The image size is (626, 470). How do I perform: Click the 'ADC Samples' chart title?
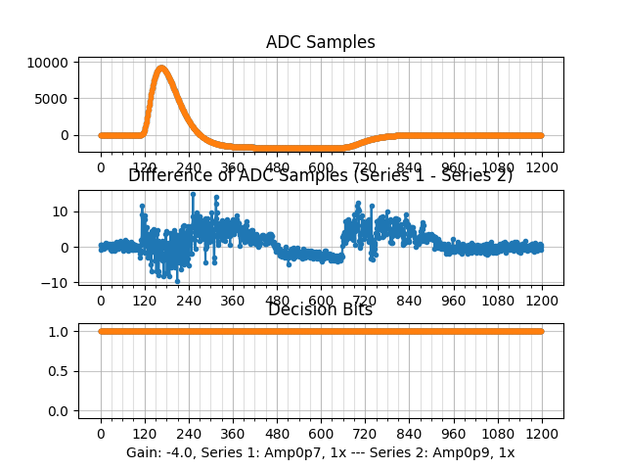coord(320,42)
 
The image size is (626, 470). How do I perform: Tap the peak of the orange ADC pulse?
coord(161,68)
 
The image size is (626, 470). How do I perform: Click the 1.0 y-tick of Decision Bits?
coord(60,331)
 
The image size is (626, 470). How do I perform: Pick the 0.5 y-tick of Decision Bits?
coord(60,371)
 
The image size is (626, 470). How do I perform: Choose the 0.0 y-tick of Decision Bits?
coord(60,410)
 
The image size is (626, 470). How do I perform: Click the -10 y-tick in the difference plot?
coord(58,283)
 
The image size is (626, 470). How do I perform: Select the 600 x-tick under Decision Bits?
coord(321,434)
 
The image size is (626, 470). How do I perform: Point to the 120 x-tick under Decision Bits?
coord(145,434)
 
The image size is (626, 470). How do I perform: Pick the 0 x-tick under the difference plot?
coord(101,301)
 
